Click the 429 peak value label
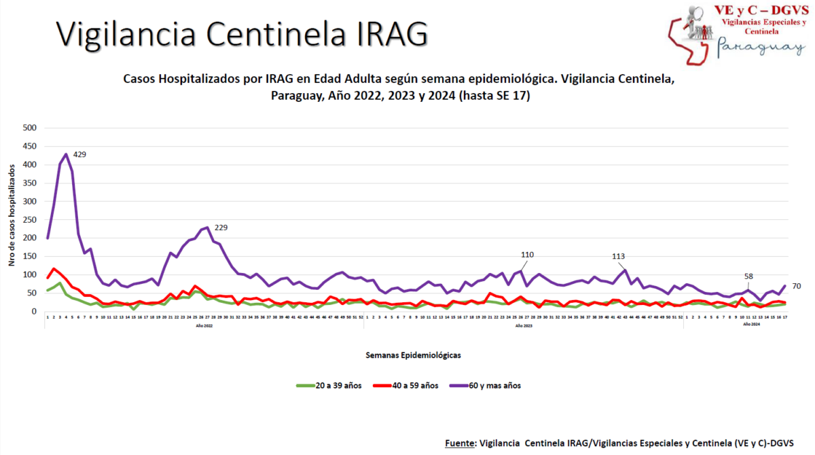[79, 155]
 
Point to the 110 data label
[527, 255]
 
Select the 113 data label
[619, 257]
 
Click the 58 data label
[748, 276]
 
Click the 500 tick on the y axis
[30, 128]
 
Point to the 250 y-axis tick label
[30, 219]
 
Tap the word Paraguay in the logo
[761, 47]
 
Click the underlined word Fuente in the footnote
[460, 443]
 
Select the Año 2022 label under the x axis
[204, 325]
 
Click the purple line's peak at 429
[66, 154]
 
